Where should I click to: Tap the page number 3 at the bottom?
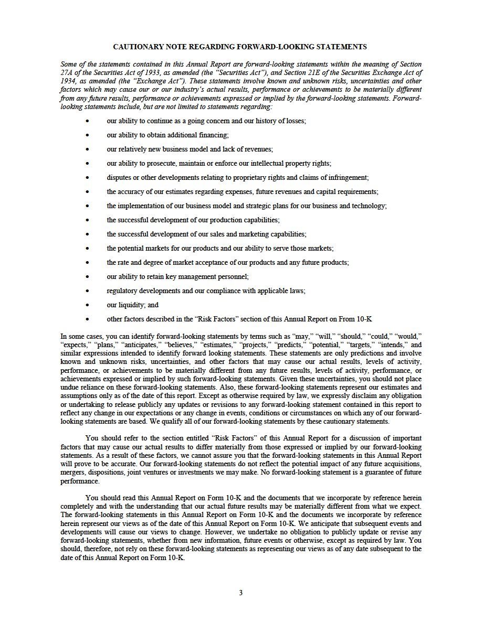tap(240, 593)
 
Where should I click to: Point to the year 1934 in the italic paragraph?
tap(68, 81)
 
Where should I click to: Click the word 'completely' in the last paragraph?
tap(78, 507)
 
